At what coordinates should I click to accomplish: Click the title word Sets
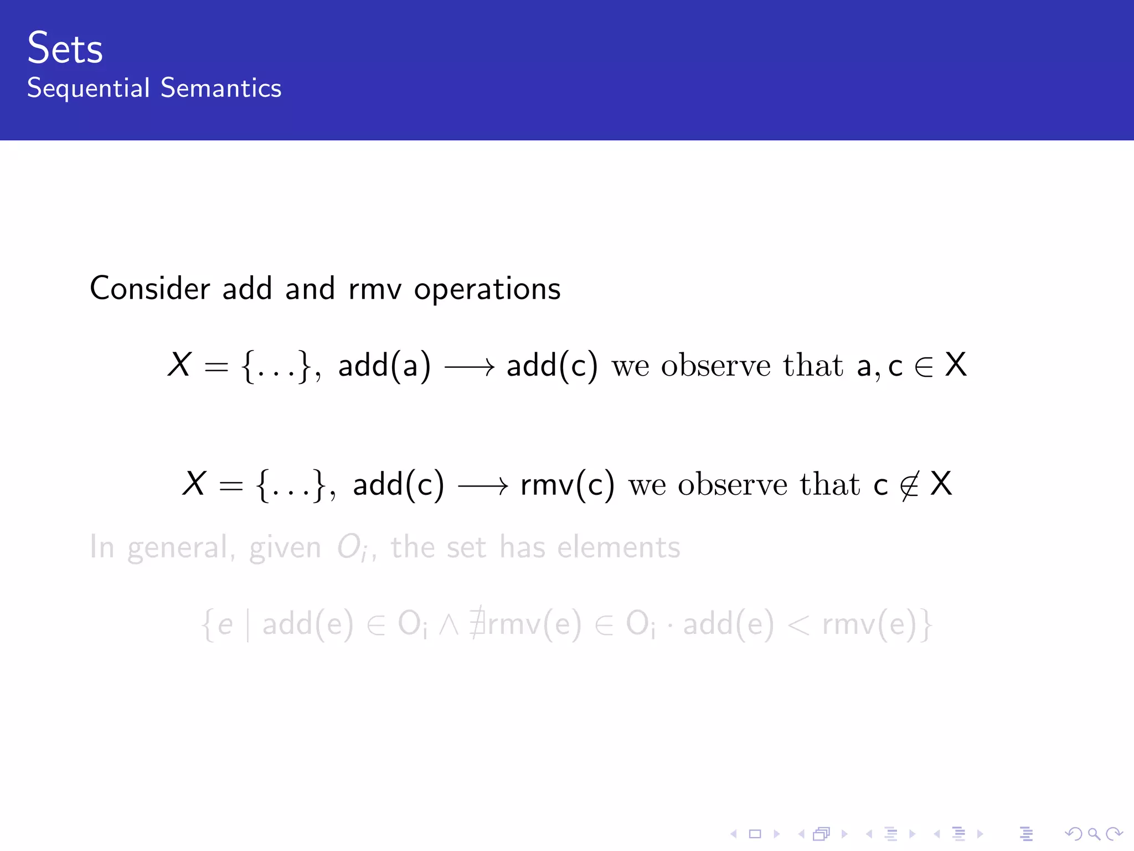pyautogui.click(x=65, y=48)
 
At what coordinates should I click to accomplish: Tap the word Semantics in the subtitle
pyautogui.click(x=221, y=88)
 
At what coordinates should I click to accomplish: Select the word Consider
pyautogui.click(x=150, y=289)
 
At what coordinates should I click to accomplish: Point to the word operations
pyautogui.click(x=487, y=289)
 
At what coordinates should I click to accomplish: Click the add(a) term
pyautogui.click(x=384, y=366)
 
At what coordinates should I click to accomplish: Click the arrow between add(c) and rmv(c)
pyautogui.click(x=483, y=486)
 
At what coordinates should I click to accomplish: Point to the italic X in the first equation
pyautogui.click(x=179, y=365)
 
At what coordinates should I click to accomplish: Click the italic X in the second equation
pyautogui.click(x=194, y=484)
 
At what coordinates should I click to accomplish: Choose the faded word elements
pyautogui.click(x=618, y=547)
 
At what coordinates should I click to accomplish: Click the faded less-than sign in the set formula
pyautogui.click(x=798, y=625)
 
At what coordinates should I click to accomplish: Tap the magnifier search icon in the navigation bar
pyautogui.click(x=1094, y=833)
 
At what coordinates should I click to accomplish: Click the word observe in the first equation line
pyautogui.click(x=715, y=366)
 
